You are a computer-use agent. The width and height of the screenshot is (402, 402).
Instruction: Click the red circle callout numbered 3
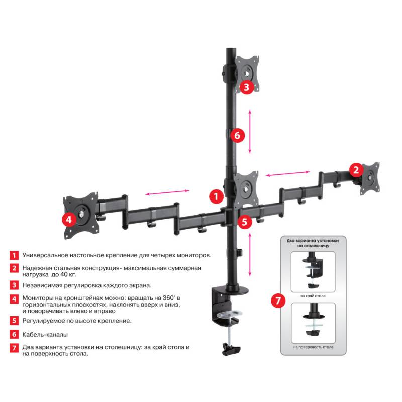[x=245, y=87]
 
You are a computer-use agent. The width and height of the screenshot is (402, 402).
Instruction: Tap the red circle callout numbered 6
[x=238, y=135]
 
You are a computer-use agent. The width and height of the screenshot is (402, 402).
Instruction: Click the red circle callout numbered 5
[x=244, y=222]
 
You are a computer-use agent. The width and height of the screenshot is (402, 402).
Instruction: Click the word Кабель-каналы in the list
[x=45, y=334]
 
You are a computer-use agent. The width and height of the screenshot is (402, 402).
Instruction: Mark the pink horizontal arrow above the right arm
[x=284, y=174]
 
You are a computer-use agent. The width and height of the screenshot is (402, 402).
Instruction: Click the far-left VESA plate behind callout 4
[x=79, y=214]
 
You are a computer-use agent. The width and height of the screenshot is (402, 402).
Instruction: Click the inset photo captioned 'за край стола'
[x=313, y=271]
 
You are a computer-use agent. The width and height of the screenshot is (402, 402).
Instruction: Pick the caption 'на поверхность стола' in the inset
[x=313, y=347]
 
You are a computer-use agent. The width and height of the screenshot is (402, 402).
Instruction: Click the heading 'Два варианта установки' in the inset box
[x=313, y=241]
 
